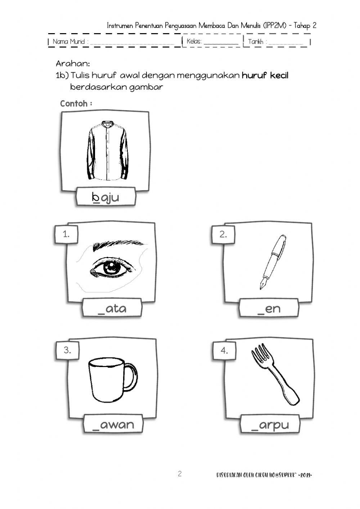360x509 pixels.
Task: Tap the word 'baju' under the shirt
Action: point(105,197)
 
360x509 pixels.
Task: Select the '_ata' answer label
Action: point(112,309)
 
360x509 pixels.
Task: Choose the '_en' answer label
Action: point(269,309)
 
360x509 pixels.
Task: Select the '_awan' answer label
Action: point(113,424)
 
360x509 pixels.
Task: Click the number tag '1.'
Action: point(66,235)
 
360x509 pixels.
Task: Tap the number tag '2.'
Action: point(223,235)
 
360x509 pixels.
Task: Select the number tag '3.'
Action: point(67,350)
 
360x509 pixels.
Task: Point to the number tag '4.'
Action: point(224,350)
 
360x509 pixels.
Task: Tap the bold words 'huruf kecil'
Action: point(265,75)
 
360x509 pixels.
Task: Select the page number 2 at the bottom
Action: point(180,474)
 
